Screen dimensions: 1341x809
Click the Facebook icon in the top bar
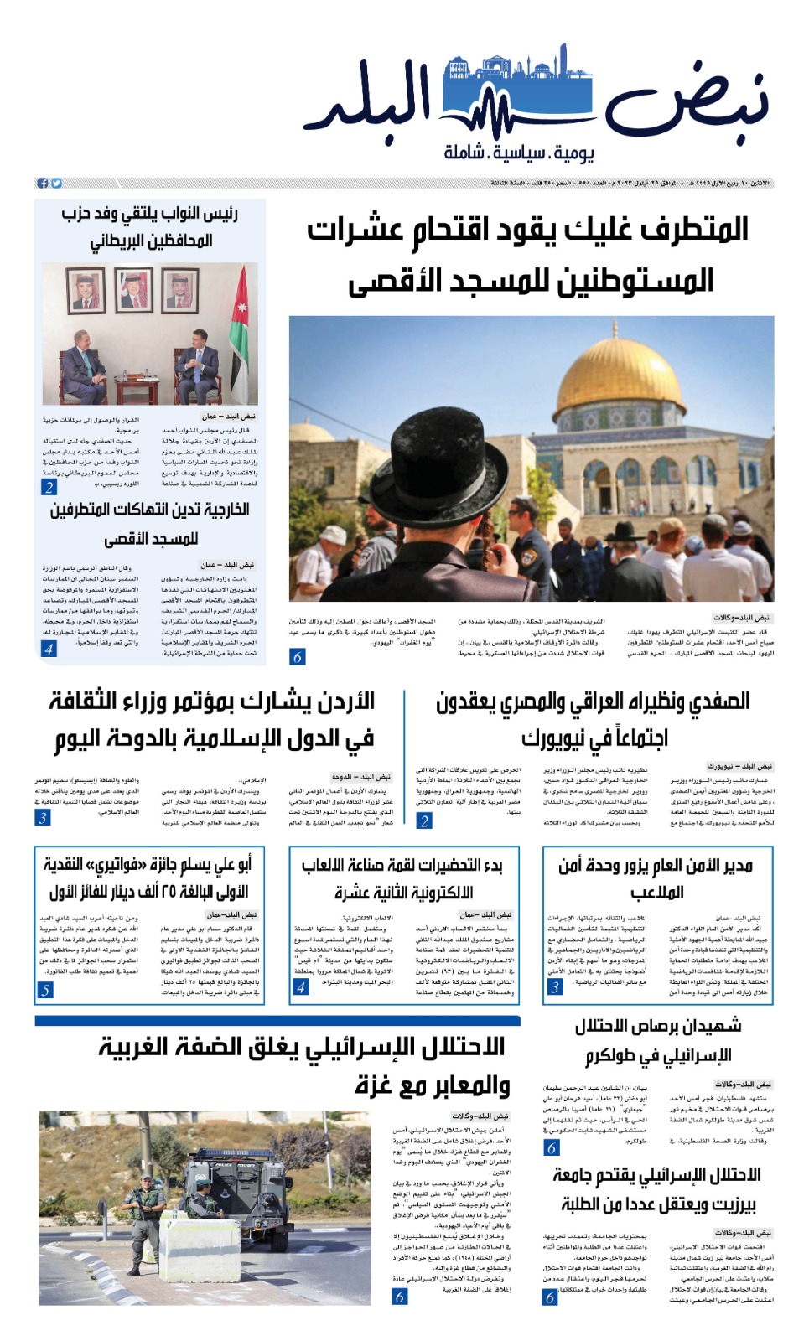click(43, 183)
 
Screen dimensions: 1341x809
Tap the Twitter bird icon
click(56, 183)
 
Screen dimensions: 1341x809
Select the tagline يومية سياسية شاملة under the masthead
click(519, 153)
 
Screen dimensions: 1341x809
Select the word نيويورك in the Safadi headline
click(553, 738)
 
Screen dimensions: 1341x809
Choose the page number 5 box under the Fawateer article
click(45, 990)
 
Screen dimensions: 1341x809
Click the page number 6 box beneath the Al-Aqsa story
click(298, 657)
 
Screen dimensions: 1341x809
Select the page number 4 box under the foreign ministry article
click(49, 649)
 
